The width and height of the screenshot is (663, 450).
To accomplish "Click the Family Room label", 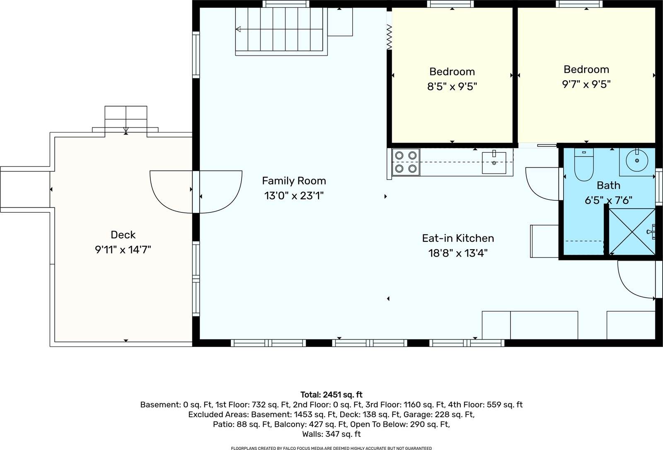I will click(294, 181).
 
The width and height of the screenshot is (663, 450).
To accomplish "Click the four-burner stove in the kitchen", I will click(406, 162).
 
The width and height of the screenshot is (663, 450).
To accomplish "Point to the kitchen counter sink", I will click(494, 163).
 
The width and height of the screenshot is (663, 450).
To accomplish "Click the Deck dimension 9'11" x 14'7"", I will click(123, 250).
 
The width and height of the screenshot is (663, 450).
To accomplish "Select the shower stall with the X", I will click(631, 231).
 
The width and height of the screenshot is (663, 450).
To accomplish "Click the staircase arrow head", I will click(238, 29).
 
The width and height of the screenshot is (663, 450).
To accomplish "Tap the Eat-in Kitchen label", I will click(458, 238).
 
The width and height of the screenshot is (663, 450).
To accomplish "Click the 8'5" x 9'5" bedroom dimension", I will click(452, 87).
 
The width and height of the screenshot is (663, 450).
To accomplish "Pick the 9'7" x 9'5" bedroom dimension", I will click(586, 84).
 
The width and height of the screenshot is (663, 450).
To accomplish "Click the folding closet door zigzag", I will click(389, 37).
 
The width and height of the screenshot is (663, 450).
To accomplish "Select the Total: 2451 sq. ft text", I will click(331, 395).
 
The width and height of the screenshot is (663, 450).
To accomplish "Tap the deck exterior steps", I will click(126, 118).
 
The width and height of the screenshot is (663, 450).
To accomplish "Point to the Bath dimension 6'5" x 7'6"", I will click(608, 200).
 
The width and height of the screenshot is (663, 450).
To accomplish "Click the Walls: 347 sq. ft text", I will click(331, 434).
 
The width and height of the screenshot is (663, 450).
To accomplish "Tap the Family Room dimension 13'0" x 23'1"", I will click(294, 196).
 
